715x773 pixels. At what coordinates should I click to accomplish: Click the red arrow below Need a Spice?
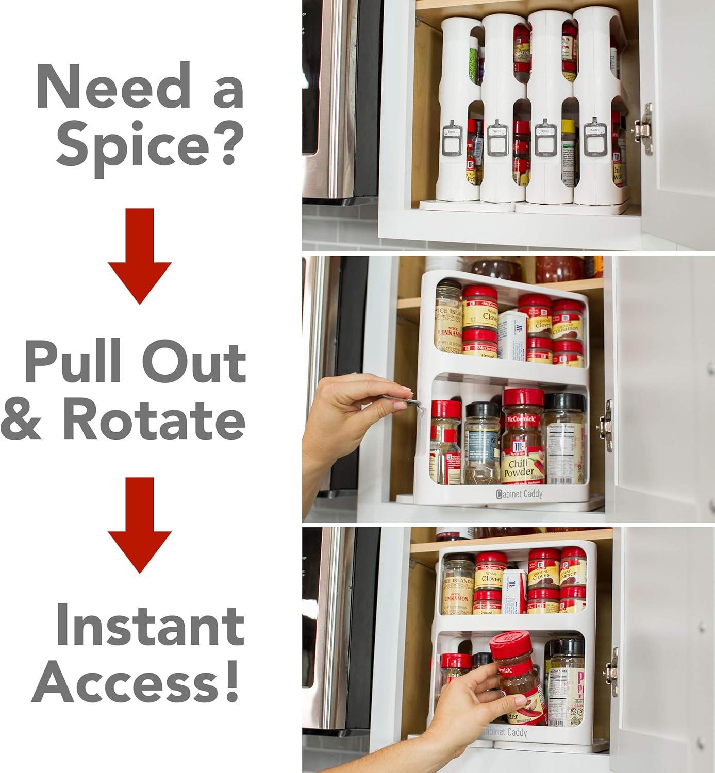click(x=139, y=256)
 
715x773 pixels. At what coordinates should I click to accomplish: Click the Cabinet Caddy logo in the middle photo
click(x=519, y=494)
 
